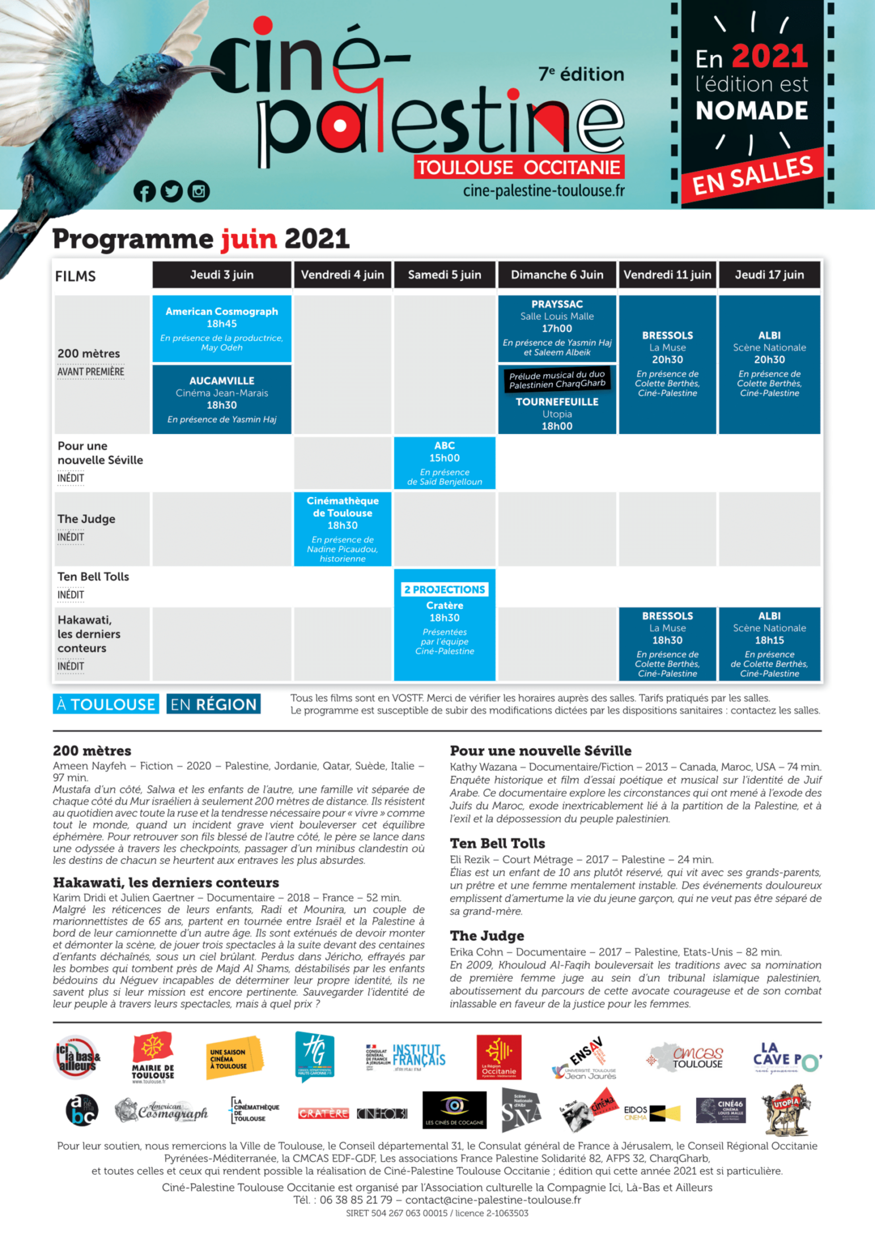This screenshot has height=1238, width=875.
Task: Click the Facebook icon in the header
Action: click(x=144, y=191)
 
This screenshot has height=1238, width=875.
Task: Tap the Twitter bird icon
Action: click(x=171, y=191)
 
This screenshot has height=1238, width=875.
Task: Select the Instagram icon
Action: click(x=198, y=191)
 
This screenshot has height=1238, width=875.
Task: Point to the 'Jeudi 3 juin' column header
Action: click(x=222, y=275)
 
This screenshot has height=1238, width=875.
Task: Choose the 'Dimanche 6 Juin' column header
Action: click(x=557, y=275)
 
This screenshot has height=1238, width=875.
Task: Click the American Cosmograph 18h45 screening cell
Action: click(x=222, y=328)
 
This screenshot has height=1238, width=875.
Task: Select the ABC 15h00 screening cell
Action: click(x=444, y=463)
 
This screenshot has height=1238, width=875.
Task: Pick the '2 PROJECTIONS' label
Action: click(x=444, y=589)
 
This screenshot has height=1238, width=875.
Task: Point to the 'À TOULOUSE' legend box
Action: click(x=106, y=704)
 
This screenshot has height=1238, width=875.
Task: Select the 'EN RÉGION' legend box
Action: click(x=214, y=704)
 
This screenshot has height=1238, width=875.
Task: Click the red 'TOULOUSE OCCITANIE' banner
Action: click(x=519, y=168)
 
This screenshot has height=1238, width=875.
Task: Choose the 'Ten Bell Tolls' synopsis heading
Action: click(x=497, y=843)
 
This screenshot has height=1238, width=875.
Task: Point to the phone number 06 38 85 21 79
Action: click(x=356, y=1200)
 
